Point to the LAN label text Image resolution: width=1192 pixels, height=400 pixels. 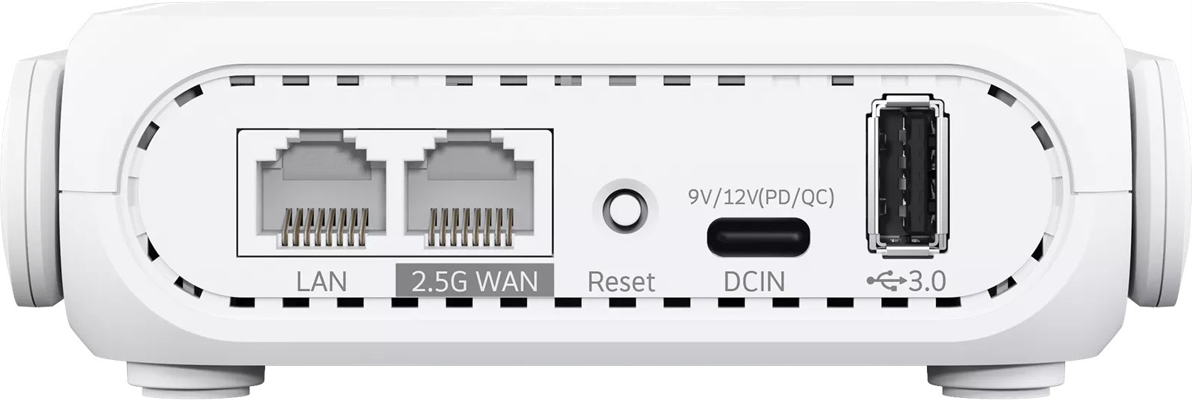click(321, 282)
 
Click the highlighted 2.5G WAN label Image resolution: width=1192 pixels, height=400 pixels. click(475, 281)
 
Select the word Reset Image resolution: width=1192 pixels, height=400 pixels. click(621, 282)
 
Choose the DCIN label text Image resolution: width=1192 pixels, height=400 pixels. click(755, 282)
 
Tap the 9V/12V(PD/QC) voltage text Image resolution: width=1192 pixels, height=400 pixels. click(761, 198)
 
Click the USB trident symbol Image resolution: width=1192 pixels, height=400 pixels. click(886, 281)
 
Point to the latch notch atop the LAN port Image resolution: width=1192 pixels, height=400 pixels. click(321, 148)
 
